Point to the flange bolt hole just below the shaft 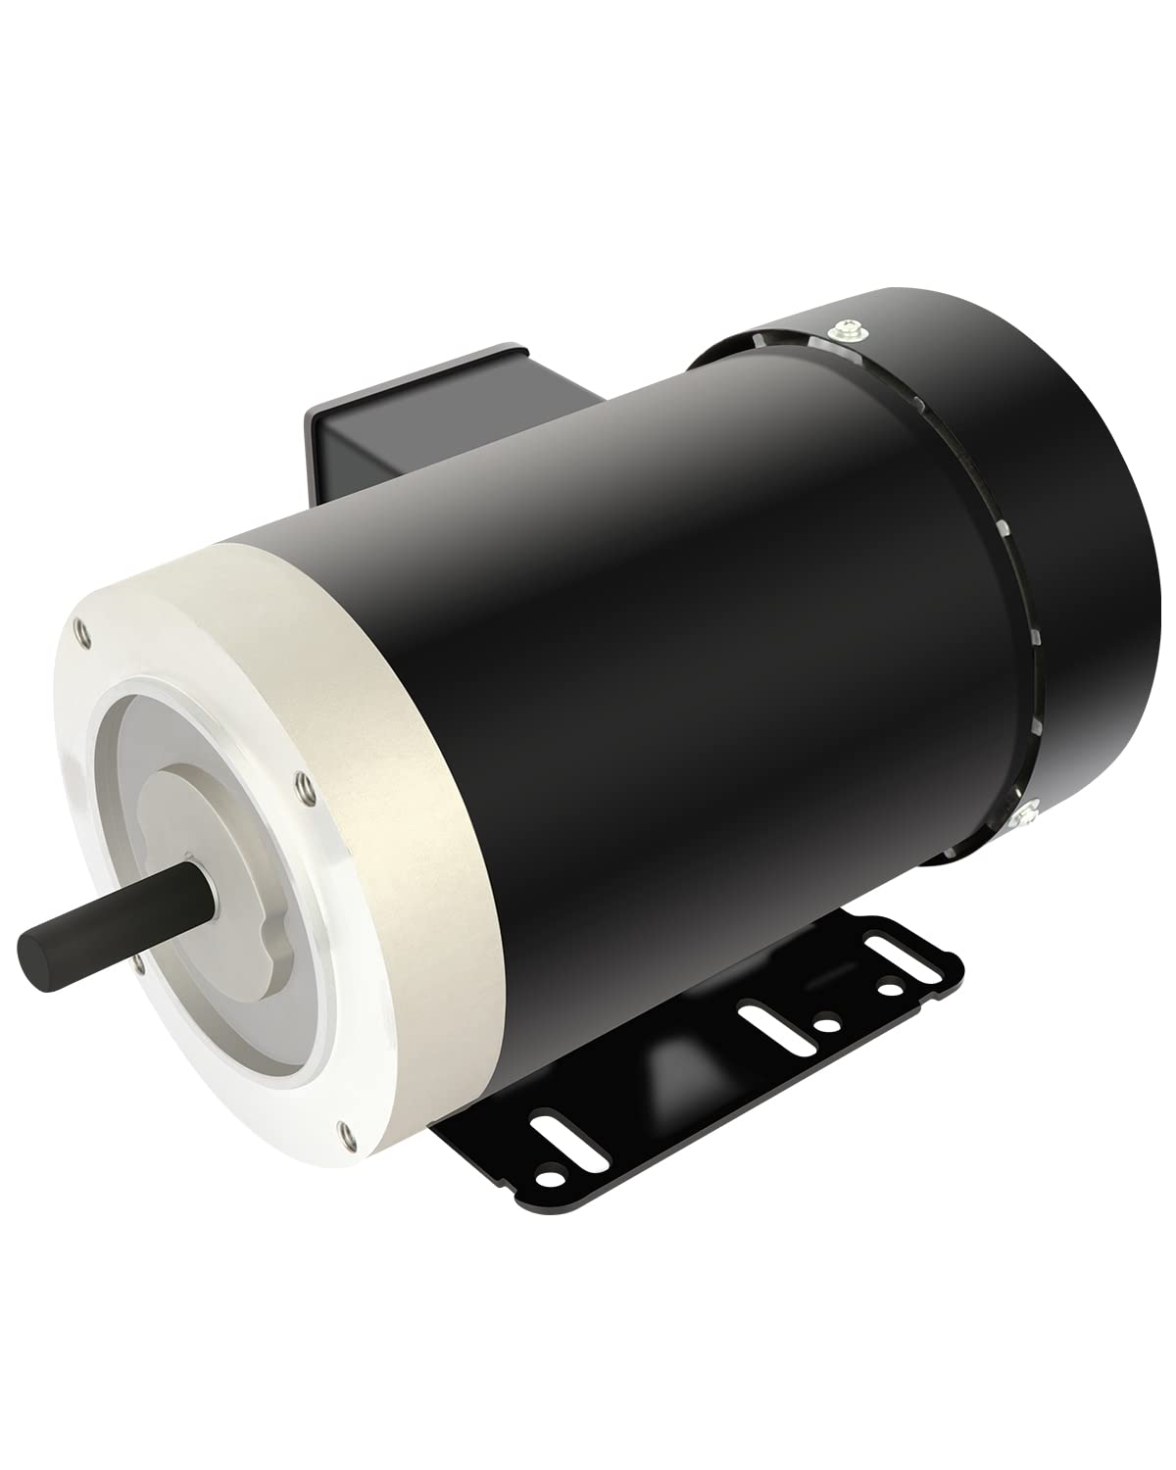tap(137, 964)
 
